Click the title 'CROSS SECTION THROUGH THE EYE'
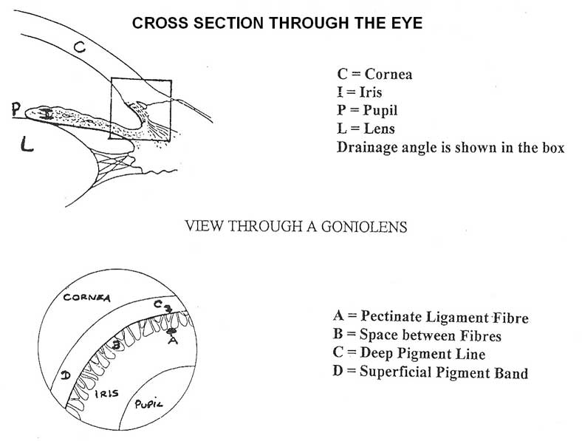[x=277, y=23]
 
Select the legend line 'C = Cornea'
[x=374, y=75]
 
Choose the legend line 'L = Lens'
[x=366, y=129]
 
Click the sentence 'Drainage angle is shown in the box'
[x=451, y=147]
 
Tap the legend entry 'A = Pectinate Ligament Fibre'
[x=431, y=318]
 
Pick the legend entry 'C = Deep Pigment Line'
[x=410, y=355]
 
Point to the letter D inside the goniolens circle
[x=66, y=376]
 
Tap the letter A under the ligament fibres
[x=172, y=341]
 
